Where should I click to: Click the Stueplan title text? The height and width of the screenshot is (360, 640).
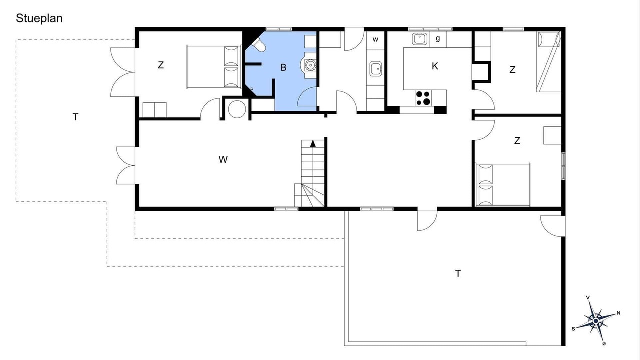(39, 19)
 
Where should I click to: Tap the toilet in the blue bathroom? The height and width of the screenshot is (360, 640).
(259, 45)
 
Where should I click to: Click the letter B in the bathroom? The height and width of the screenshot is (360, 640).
(283, 67)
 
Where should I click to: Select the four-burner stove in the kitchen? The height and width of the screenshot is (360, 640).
(423, 98)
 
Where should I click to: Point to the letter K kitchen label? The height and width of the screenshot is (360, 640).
(435, 66)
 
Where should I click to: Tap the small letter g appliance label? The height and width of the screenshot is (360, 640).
(438, 39)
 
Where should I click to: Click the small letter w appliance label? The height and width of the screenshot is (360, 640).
(375, 39)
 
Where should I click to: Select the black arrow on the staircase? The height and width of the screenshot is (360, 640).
(313, 144)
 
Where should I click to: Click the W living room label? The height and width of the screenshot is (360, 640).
(223, 159)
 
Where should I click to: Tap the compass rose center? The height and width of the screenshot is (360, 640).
(596, 321)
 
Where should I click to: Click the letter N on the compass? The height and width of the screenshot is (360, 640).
(618, 313)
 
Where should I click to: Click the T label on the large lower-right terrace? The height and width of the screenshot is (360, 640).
(458, 273)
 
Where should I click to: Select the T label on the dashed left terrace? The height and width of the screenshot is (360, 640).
(75, 117)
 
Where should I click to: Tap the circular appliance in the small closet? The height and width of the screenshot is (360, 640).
(237, 109)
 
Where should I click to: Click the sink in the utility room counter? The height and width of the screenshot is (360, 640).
(375, 69)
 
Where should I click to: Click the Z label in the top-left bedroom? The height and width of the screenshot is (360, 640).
(161, 65)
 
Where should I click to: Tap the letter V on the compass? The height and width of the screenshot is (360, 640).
(588, 298)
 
